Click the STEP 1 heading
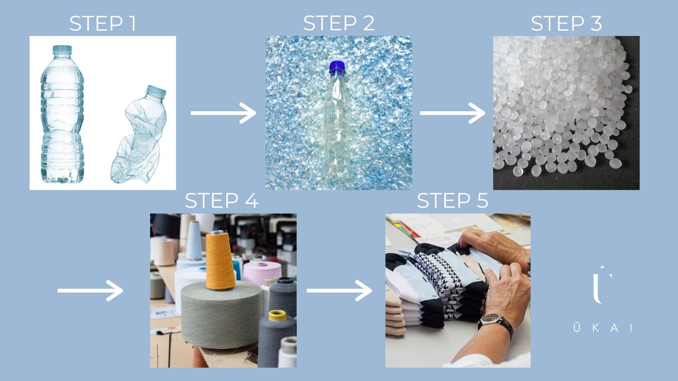pos(103,24)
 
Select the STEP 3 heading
pos(566,24)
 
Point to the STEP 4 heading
pos(221,201)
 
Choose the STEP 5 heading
pos(453,201)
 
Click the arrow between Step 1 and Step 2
pos(224,113)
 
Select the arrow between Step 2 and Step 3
pos(453,113)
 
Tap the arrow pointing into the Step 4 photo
pos(90,291)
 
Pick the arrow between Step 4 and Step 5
pos(339,291)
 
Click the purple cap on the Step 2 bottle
pos(337,67)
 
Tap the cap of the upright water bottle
pos(62,50)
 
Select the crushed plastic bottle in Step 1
pos(139,134)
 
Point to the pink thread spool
pos(262,273)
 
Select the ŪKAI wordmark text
pos(603,328)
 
